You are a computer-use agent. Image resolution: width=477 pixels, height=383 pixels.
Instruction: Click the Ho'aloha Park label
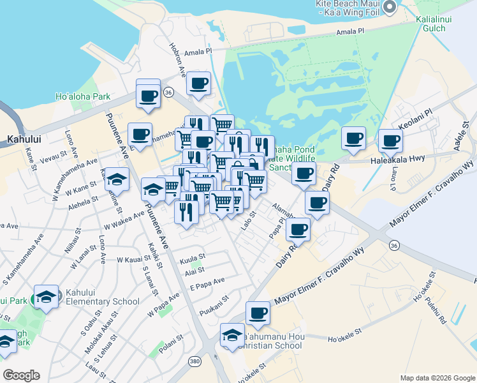[83, 97]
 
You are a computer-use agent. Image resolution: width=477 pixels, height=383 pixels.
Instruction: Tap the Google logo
[21, 375]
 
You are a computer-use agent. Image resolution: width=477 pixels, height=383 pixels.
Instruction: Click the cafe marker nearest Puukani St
[258, 313]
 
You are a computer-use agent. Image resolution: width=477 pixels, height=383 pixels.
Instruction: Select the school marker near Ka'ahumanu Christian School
[232, 335]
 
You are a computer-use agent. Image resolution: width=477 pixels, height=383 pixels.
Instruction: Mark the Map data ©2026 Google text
[437, 378]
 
